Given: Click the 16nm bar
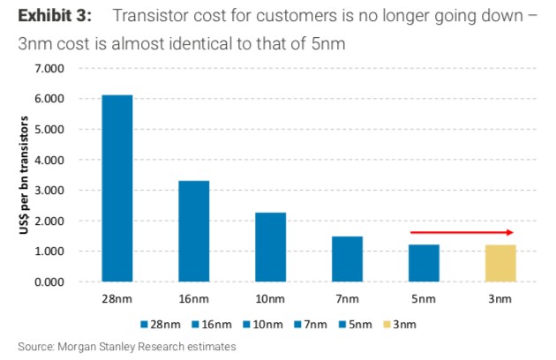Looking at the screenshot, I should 193,231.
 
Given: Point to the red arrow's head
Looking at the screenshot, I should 510,232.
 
